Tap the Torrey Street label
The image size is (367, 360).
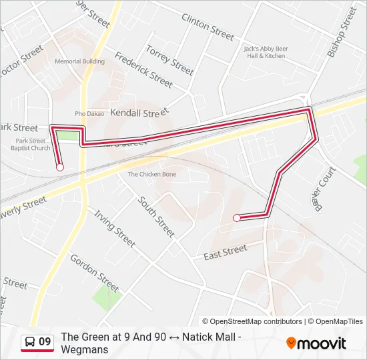point(169,60)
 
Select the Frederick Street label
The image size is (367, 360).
point(143,70)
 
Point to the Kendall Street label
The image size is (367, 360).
point(136,113)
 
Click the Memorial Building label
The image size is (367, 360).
point(79,61)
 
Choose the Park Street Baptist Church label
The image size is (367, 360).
point(31,144)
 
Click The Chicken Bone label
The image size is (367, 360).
point(152,174)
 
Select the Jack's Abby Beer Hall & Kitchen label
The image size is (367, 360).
point(265,52)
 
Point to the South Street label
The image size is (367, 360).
point(156,217)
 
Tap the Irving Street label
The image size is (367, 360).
point(115,229)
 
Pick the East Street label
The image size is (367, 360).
point(225,251)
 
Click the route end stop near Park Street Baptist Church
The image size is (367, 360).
point(60,167)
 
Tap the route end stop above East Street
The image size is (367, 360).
point(236,217)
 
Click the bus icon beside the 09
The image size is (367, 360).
point(29,343)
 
